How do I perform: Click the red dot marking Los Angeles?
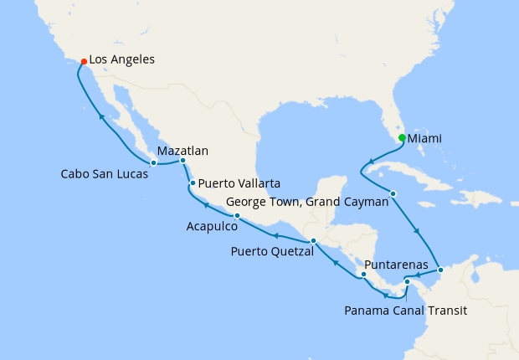click(83, 61)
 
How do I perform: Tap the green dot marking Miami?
click(402, 138)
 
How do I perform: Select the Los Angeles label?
click(121, 60)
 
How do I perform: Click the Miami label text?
click(425, 139)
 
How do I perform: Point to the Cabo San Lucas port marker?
click(153, 162)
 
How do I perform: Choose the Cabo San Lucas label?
click(105, 175)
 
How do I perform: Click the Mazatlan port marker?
click(182, 160)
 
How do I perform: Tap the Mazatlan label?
click(182, 152)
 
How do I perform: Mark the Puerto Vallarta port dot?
click(193, 183)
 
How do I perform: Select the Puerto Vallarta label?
click(239, 183)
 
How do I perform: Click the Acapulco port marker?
click(237, 216)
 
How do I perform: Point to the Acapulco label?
click(211, 227)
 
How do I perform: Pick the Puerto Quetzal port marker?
click(313, 242)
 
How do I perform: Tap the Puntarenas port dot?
click(363, 275)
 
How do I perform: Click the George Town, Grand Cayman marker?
click(393, 194)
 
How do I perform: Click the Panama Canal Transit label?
click(405, 311)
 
